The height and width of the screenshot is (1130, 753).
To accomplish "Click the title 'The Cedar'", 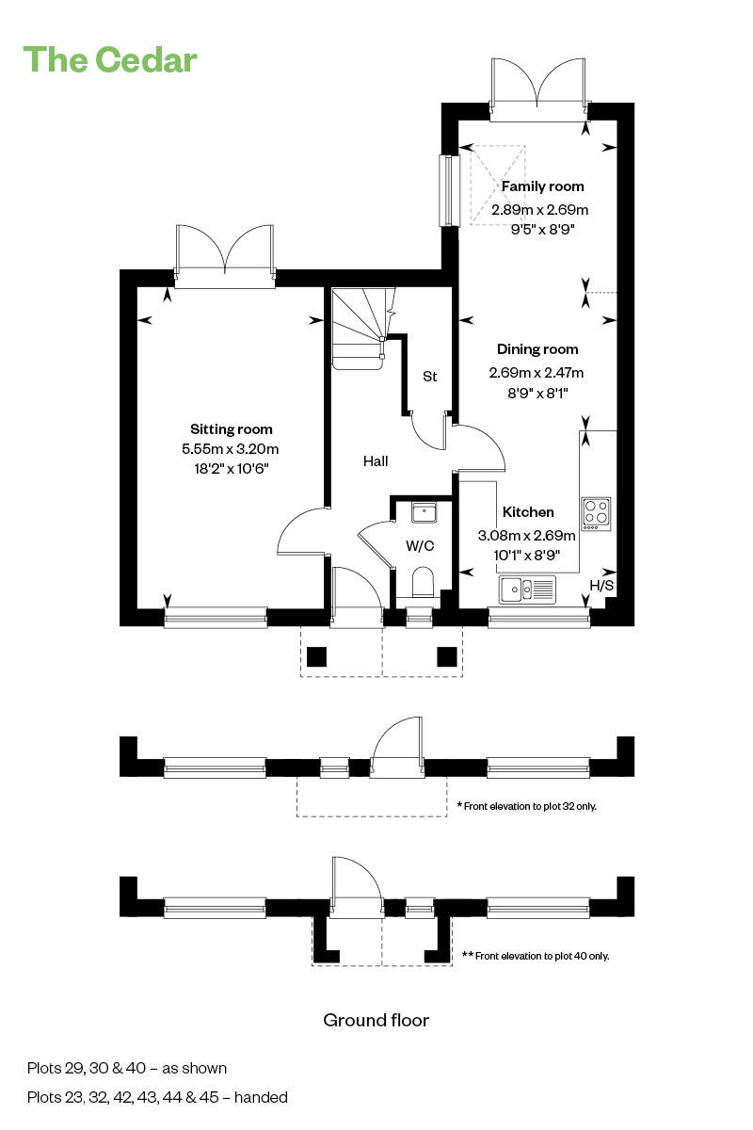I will pos(110,59).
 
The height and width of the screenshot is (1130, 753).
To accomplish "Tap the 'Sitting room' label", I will pos(231,429).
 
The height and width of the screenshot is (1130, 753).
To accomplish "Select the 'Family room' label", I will pos(542,186).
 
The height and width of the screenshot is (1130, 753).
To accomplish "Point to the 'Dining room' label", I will pos(537,349).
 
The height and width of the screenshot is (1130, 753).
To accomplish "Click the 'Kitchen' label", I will pos(527,512).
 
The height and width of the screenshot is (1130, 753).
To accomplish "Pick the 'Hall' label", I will pos(376,461).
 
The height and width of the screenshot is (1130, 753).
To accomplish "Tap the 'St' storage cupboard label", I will pos(429,377).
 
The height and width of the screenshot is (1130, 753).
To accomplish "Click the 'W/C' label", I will pos(420,545).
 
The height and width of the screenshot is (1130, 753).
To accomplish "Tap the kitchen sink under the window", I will pos(528,589).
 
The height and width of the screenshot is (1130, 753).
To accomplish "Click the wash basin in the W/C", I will pos(423,512).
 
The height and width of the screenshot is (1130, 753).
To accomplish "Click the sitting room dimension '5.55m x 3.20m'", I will pos(231,449).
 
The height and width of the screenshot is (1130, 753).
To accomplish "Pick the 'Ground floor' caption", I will pos(376,1020).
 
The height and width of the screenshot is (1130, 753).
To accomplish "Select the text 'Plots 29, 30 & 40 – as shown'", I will pos(127,1068).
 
